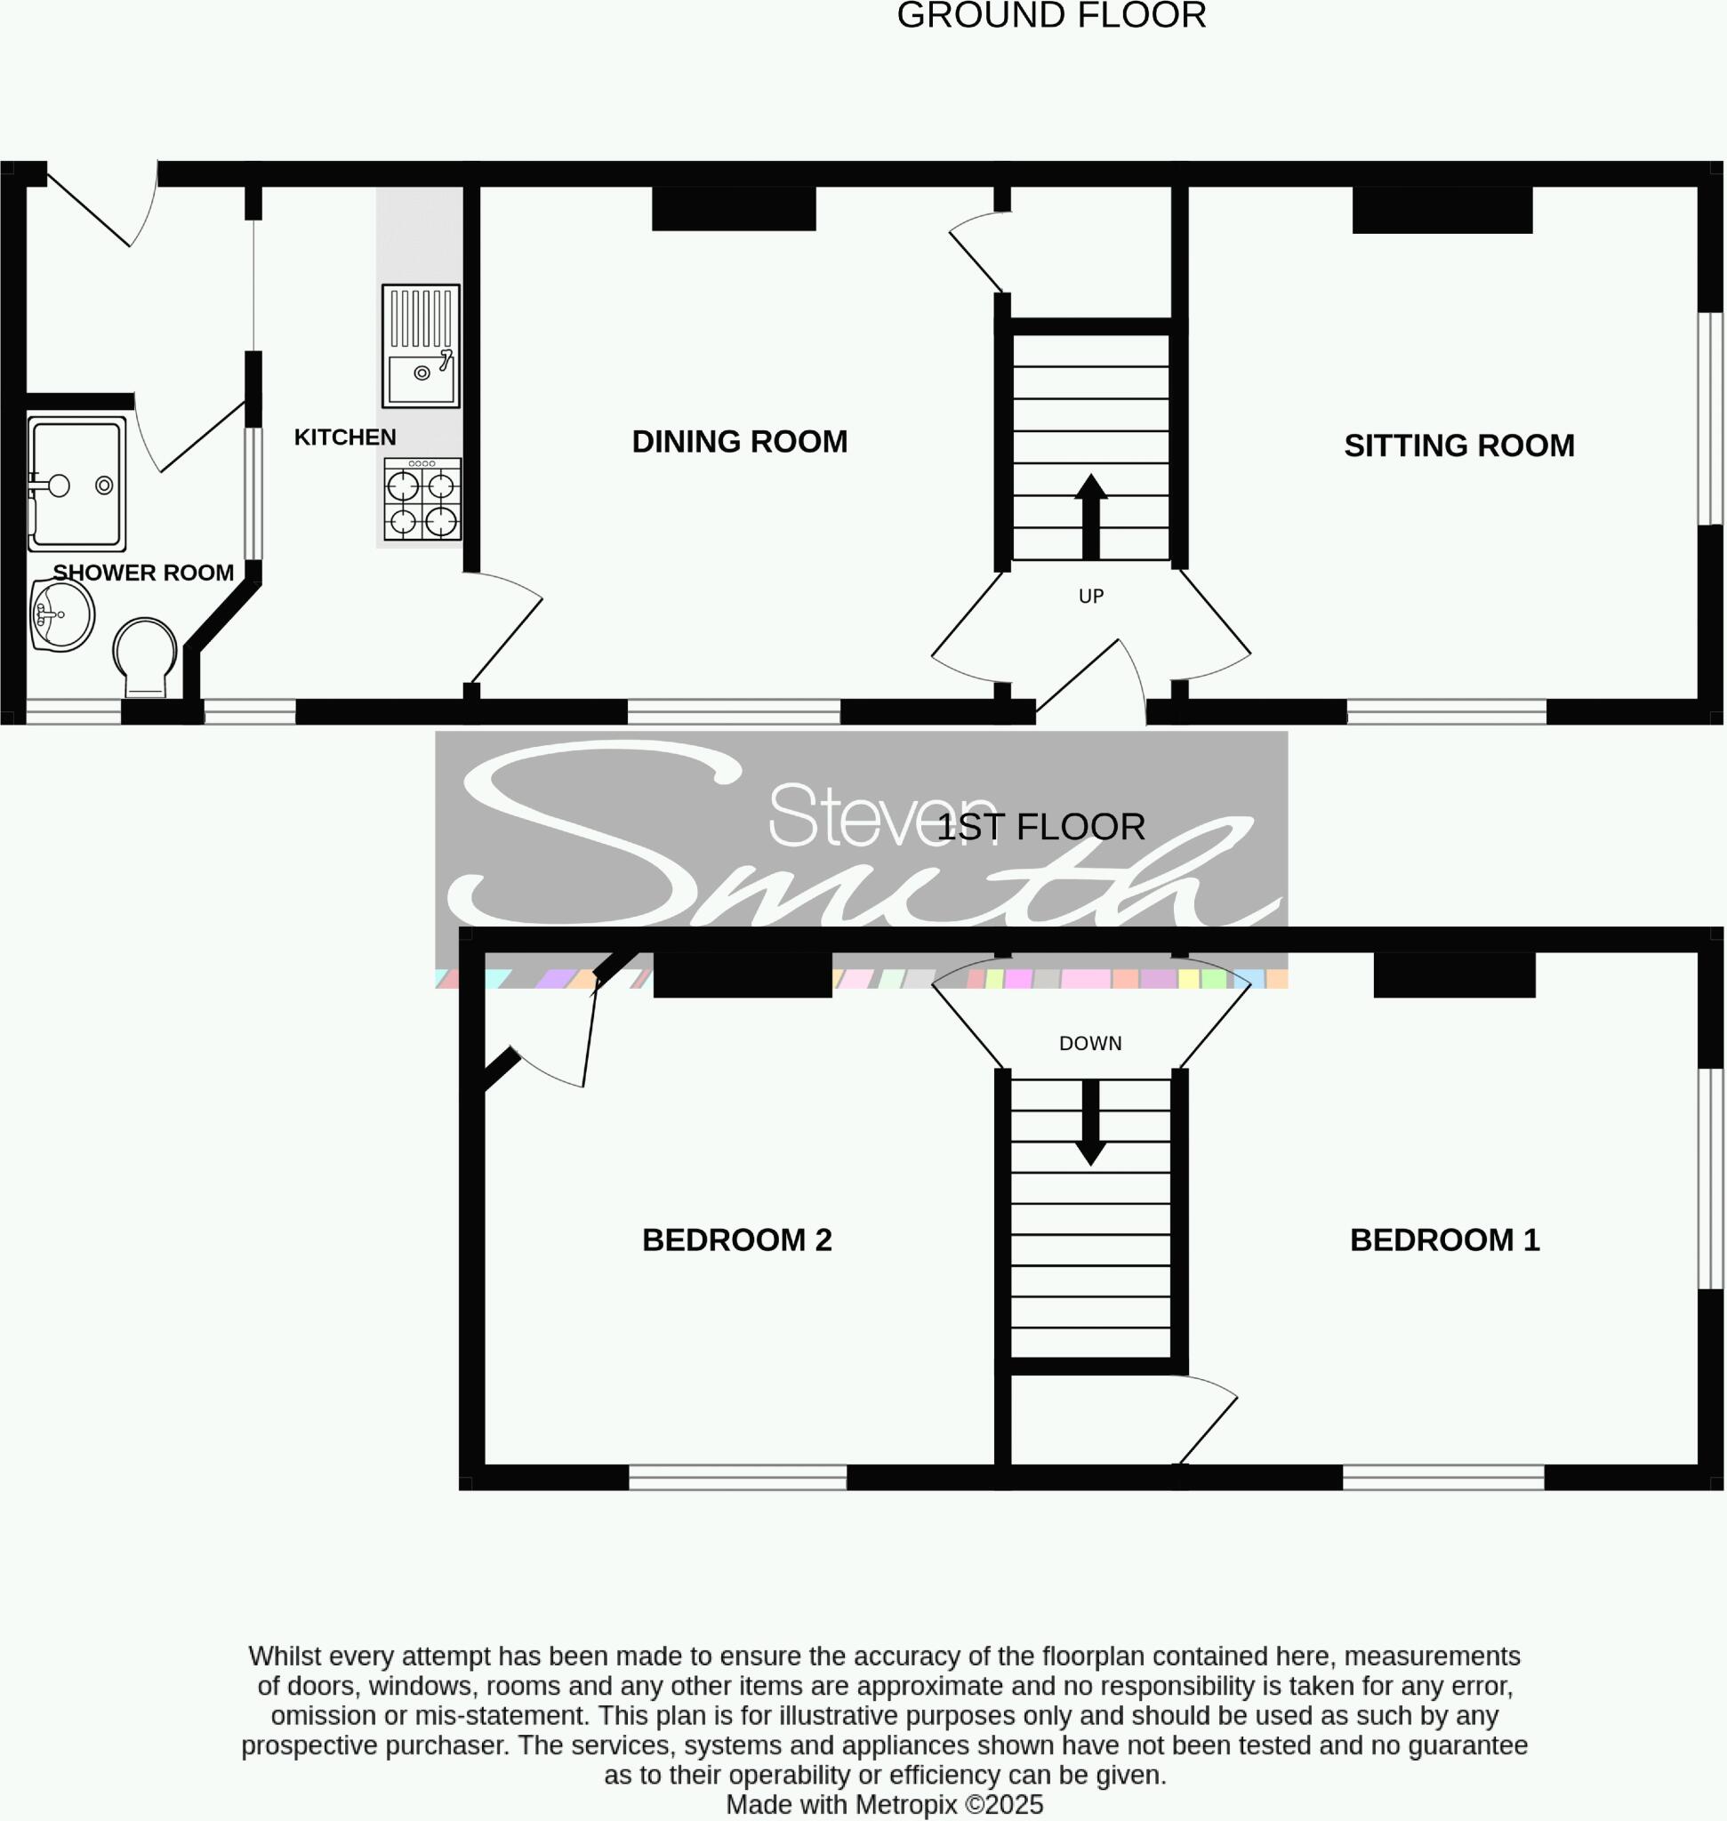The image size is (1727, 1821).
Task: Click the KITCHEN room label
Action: coord(344,437)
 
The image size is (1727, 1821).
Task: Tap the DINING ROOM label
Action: coord(739,442)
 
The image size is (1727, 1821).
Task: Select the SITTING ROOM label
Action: coord(1459,445)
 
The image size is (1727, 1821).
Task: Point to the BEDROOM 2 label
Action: coord(736,1240)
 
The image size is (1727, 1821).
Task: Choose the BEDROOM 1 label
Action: coord(1444,1240)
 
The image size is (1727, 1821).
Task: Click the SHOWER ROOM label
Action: coord(142,573)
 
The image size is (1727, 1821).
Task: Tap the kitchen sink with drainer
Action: coord(421,345)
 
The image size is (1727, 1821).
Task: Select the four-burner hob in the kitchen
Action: coord(422,499)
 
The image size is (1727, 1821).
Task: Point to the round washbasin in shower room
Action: coord(61,614)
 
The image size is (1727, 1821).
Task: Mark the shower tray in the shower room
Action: coord(76,484)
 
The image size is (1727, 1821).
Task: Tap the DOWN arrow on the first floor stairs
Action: coord(1091,1122)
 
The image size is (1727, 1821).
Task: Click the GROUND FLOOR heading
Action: coord(1051,16)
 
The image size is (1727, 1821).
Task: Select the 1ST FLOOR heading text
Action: coord(1040,827)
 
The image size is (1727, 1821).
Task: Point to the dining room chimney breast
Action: coord(734,209)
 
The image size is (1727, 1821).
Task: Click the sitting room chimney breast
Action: coord(1442,210)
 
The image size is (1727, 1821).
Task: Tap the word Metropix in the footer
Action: coord(907,1804)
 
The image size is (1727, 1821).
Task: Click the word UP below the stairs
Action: coord(1091,597)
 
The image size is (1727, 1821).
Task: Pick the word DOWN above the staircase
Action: coord(1090,1043)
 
